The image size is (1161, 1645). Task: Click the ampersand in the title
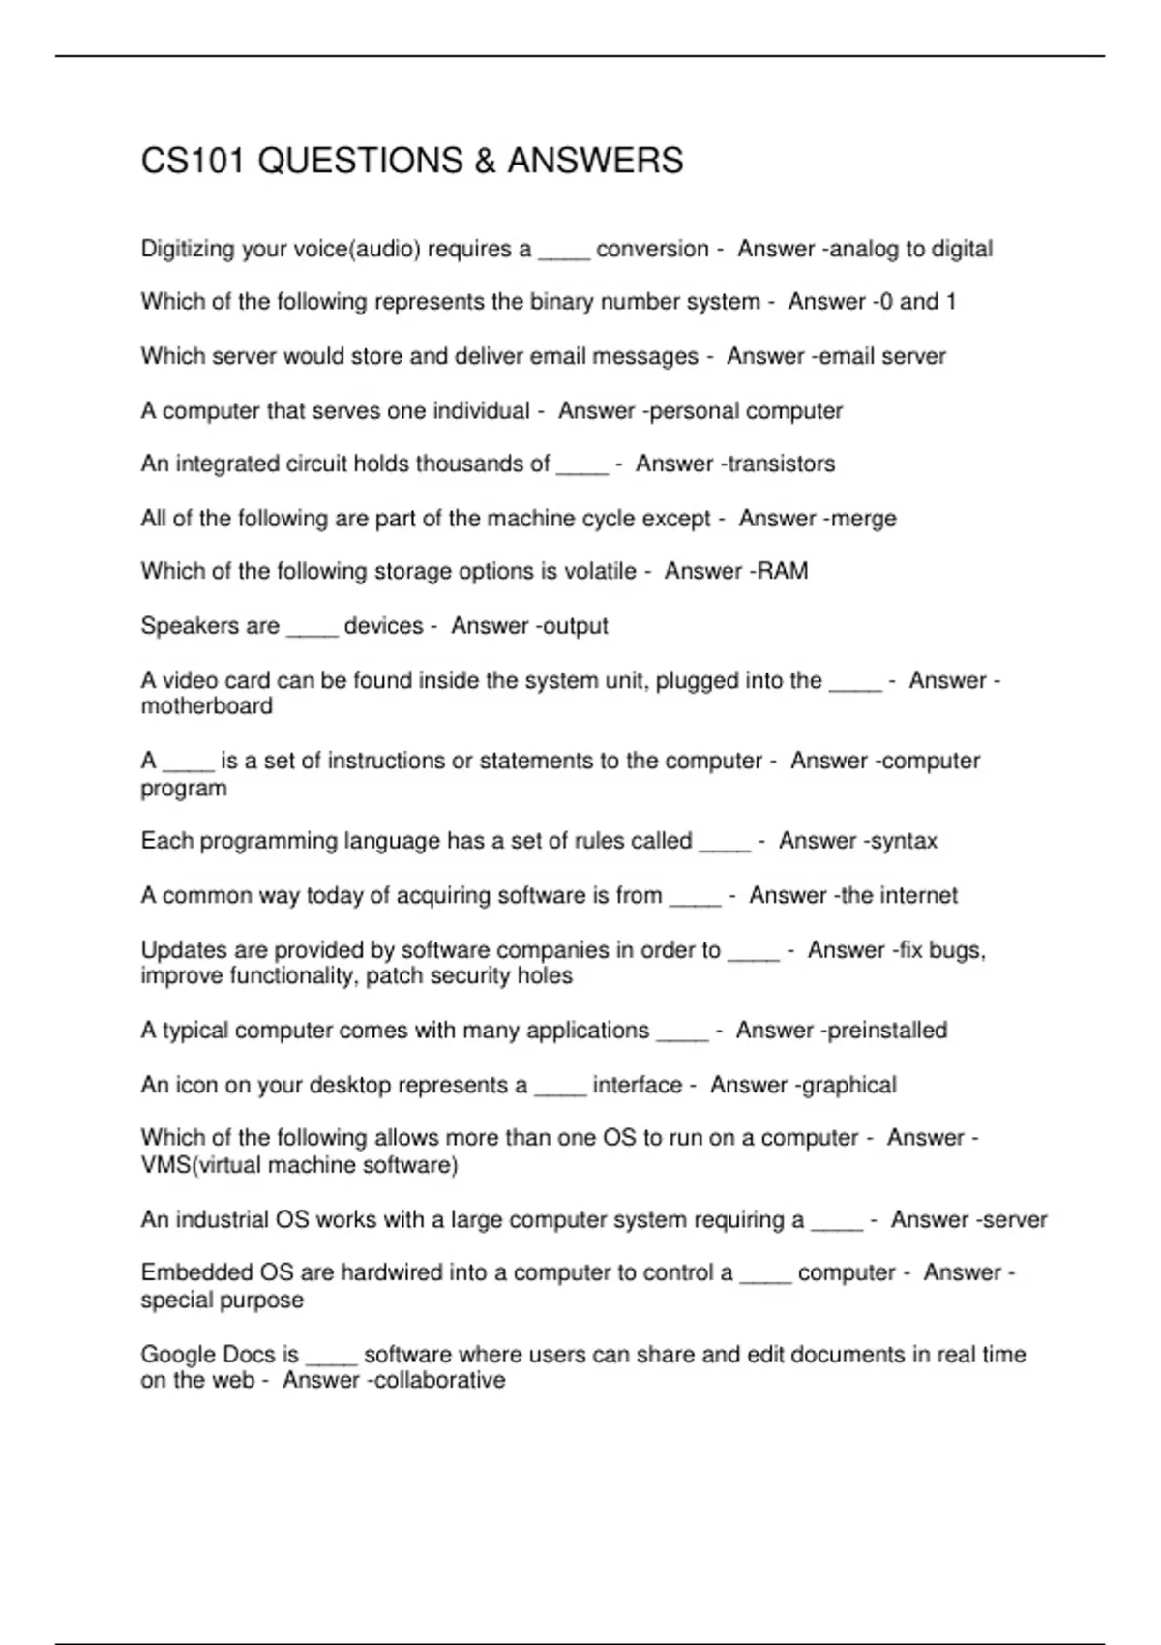[484, 161]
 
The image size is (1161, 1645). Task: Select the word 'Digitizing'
[188, 250]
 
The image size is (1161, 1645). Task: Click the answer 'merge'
[863, 519]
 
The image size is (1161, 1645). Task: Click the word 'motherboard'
[206, 706]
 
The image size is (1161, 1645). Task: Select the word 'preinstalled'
[887, 1031]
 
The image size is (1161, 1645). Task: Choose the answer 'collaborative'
[439, 1381]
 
